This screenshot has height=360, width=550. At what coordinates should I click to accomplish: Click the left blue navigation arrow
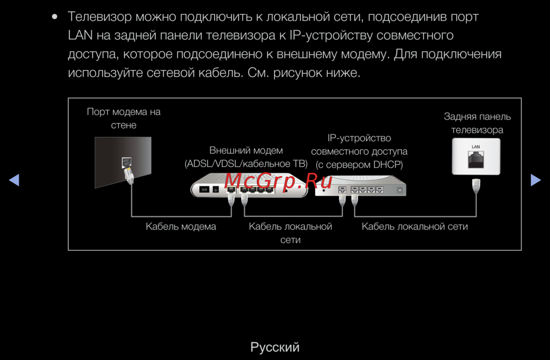click(14, 180)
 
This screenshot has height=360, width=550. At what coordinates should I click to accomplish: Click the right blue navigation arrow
click(536, 180)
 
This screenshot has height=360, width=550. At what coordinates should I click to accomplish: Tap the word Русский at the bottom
click(275, 347)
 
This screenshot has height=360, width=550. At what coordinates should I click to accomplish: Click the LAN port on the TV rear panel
click(476, 159)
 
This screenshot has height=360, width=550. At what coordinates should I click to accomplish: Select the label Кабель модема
click(181, 227)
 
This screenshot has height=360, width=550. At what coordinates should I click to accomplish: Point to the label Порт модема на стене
click(124, 118)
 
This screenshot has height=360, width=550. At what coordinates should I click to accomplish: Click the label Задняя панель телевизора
click(477, 123)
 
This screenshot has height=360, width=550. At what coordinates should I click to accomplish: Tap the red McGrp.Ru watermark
click(278, 181)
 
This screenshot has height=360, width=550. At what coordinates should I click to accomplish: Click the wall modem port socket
click(127, 162)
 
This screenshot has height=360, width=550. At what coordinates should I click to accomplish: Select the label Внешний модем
click(246, 150)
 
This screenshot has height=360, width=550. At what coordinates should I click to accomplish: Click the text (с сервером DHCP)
click(359, 165)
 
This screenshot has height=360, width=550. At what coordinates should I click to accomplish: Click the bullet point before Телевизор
click(54, 17)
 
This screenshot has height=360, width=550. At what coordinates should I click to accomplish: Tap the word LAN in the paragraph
click(80, 35)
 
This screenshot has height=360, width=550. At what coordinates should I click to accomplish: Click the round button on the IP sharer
click(399, 190)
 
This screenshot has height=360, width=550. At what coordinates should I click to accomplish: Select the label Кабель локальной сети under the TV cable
click(415, 227)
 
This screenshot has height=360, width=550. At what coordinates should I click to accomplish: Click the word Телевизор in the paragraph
click(100, 17)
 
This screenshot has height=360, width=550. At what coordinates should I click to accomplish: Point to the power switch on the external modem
click(205, 190)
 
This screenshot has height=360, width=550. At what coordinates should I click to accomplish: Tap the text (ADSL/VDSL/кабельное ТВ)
click(246, 163)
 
